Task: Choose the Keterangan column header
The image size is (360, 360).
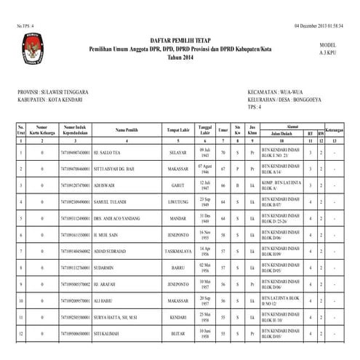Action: pyautogui.click(x=334, y=131)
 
